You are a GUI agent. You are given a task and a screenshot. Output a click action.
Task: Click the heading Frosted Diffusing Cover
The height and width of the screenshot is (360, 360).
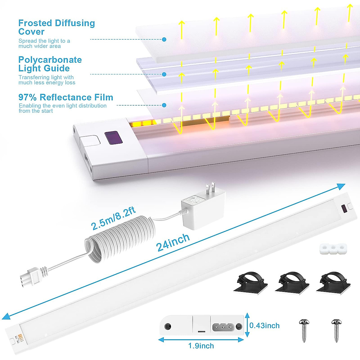coord(56,27)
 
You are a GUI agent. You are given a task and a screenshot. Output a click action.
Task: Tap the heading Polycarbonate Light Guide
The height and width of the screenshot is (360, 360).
coord(50,64)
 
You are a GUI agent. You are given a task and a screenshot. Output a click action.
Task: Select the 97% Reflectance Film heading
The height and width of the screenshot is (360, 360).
coord(66,97)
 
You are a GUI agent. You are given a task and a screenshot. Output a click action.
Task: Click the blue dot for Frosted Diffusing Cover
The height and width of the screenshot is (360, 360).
coord(164,39)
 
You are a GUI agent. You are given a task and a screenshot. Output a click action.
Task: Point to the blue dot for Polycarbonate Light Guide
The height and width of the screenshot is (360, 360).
coord(164,74)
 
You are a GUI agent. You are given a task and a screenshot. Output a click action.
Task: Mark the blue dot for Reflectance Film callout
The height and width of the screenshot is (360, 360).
coord(164,105)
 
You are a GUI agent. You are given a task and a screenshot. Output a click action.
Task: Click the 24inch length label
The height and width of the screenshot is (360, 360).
coord(173,242)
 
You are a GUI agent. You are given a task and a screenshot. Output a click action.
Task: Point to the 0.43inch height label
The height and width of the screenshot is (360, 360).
coord(264,325)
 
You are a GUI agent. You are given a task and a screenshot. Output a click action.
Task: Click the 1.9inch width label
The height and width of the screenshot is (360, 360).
coord(201,346)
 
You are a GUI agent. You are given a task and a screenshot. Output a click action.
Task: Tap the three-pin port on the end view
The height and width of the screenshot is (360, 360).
coord(223,326)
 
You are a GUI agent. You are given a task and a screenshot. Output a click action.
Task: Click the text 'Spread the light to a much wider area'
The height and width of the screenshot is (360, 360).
coord(44,43)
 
